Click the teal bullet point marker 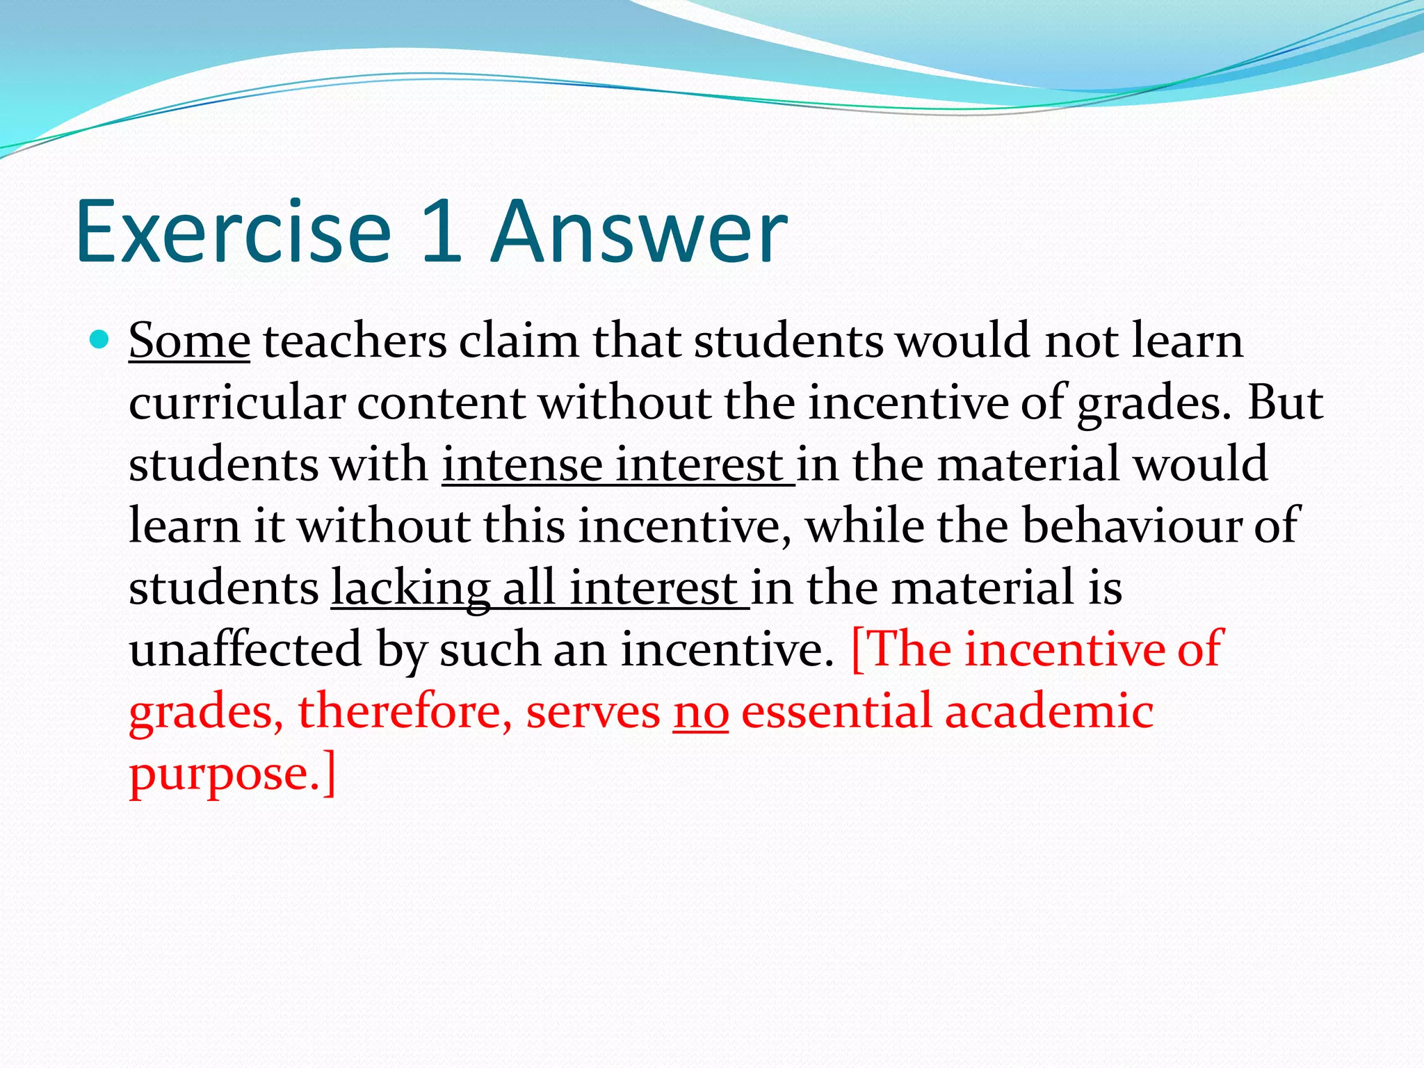tap(101, 340)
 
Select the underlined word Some tap(189, 341)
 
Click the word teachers tap(355, 341)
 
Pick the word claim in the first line tap(518, 341)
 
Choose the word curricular tap(237, 403)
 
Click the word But tap(1285, 403)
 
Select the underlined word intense tap(522, 464)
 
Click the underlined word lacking tap(410, 588)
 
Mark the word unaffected tap(245, 649)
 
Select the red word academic tap(1049, 711)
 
